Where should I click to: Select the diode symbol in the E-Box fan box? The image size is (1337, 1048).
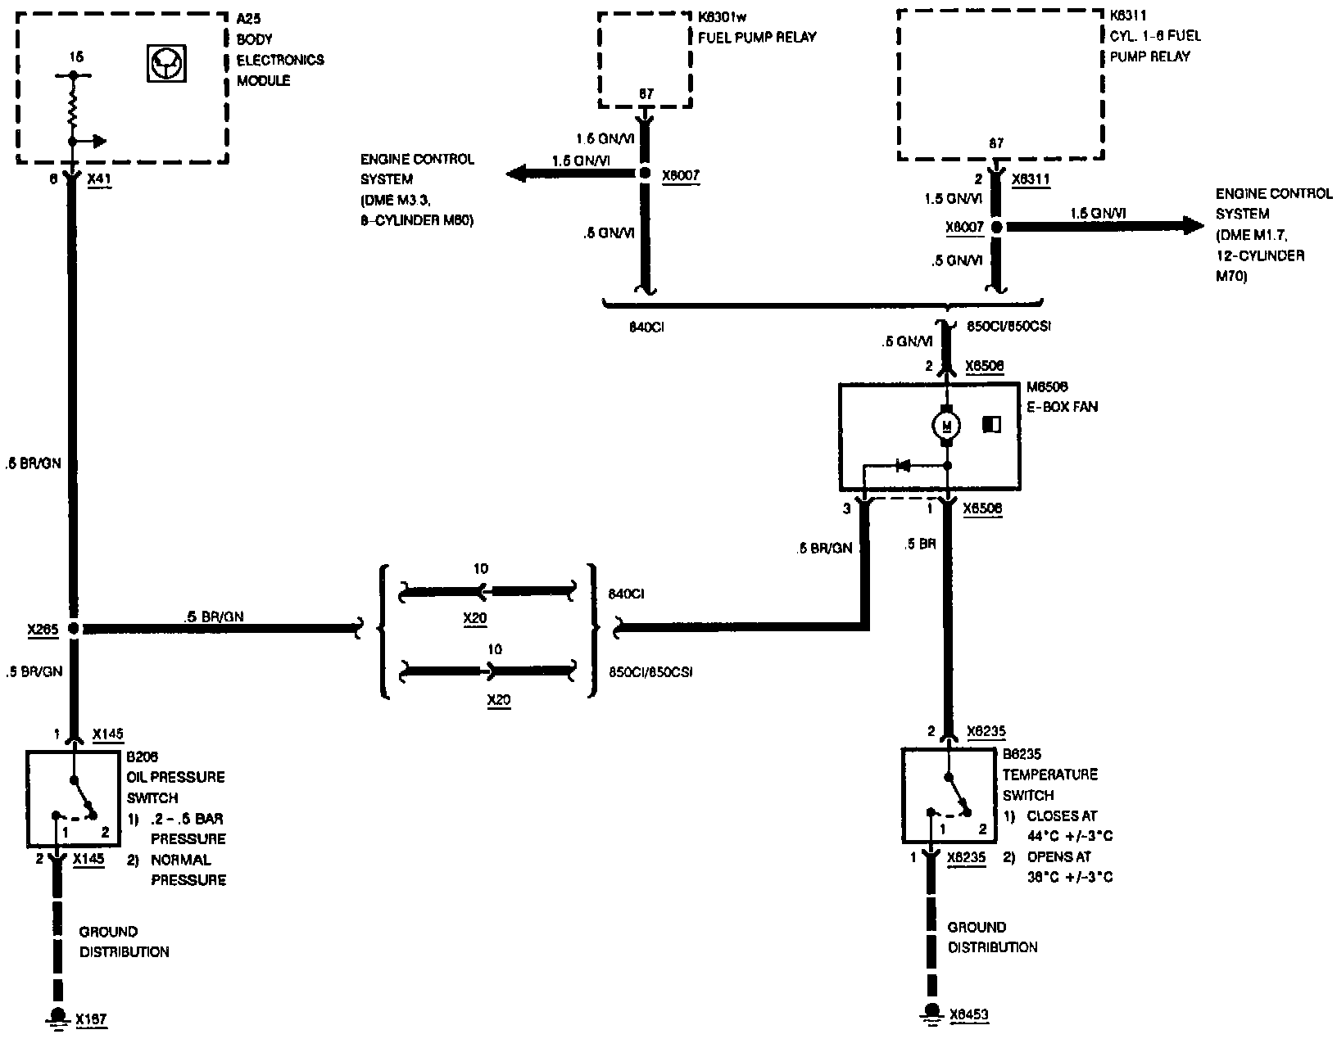[904, 466]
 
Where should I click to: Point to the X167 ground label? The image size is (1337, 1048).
[91, 1019]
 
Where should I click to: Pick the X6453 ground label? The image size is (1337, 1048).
[969, 1015]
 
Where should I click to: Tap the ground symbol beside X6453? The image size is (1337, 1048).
[931, 1012]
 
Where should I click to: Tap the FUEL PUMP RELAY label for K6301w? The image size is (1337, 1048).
[757, 37]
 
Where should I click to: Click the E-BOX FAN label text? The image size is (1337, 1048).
[1063, 406]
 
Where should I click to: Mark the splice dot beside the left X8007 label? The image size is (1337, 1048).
[645, 174]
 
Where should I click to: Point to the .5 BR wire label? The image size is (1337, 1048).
[922, 544]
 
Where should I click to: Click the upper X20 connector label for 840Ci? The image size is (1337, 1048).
[475, 618]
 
